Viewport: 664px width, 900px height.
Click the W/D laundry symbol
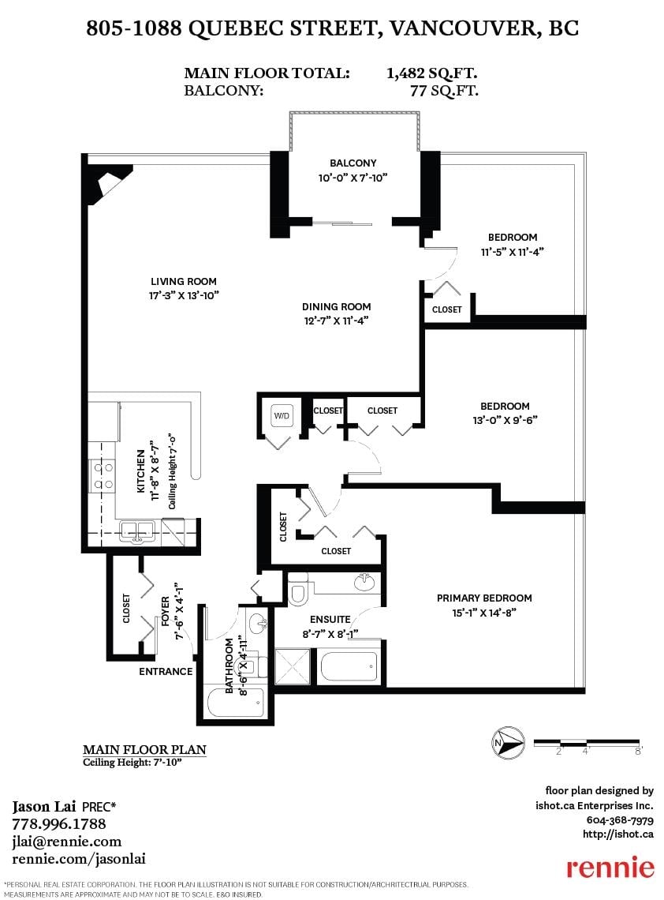281,415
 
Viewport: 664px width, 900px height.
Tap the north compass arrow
508,743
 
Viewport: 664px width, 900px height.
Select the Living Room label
184,281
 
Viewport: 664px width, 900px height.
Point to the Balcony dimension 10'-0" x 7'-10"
353,178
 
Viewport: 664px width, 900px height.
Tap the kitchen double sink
138,531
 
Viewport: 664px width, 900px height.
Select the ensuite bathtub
349,666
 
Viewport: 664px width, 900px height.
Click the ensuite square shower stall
293,666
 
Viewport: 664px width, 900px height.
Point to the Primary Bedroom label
484,598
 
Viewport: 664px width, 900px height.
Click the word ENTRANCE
166,671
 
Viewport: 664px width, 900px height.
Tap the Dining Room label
336,306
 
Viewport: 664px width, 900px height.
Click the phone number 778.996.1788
59,823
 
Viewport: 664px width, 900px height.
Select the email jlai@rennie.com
66,842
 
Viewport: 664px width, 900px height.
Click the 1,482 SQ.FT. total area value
432,73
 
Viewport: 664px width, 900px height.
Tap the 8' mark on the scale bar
638,751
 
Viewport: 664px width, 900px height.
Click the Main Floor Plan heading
144,749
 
